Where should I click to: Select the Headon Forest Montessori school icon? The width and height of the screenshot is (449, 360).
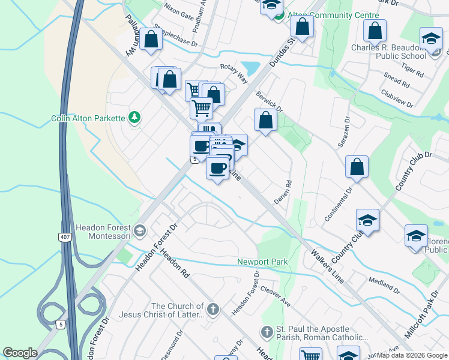(x=140, y=230)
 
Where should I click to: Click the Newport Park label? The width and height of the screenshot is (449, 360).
(x=262, y=262)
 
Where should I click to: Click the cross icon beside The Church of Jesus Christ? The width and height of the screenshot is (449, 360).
(x=212, y=310)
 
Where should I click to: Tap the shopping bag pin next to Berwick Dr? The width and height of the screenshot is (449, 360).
(x=265, y=120)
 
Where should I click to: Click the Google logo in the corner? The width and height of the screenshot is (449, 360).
(x=20, y=353)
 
